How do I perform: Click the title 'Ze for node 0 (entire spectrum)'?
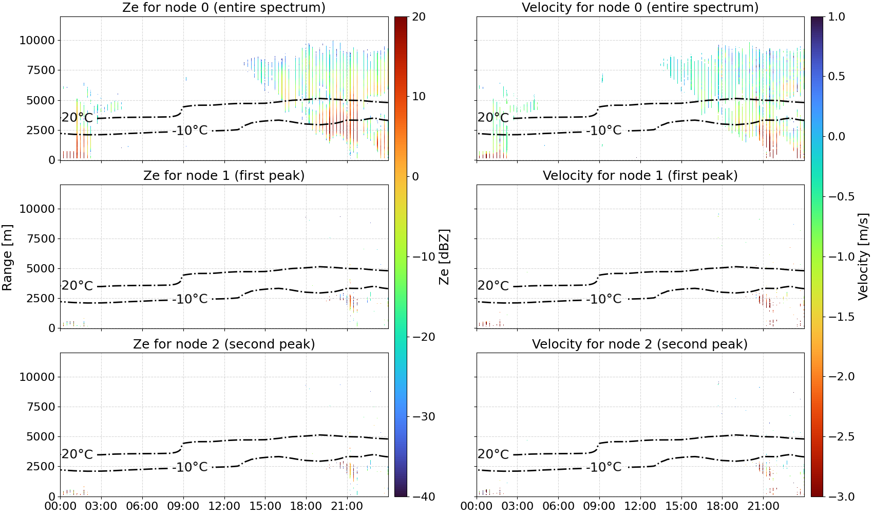tap(224, 7)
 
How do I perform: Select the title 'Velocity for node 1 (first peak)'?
tap(640, 175)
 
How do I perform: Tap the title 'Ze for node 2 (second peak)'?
tap(224, 344)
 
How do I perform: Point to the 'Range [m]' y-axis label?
tap(7, 258)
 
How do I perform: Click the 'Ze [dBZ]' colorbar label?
tap(444, 256)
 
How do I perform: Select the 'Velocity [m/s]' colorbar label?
tap(863, 256)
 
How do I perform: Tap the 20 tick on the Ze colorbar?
tap(419, 17)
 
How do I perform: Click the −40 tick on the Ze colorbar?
tap(423, 497)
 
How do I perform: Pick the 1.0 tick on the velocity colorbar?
tap(837, 17)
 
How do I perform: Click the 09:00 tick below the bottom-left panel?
tap(183, 506)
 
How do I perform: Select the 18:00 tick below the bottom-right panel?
tap(722, 506)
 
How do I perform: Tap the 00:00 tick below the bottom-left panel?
tap(61, 506)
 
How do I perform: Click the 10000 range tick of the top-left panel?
tap(37, 40)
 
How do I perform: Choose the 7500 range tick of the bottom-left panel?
tap(41, 407)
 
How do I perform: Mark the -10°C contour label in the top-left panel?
tap(190, 130)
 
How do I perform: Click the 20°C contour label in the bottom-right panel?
tap(494, 454)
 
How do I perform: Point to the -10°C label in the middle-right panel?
tap(604, 299)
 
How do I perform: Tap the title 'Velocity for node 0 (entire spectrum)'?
tap(640, 7)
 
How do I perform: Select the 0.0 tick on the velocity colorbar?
tap(837, 137)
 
